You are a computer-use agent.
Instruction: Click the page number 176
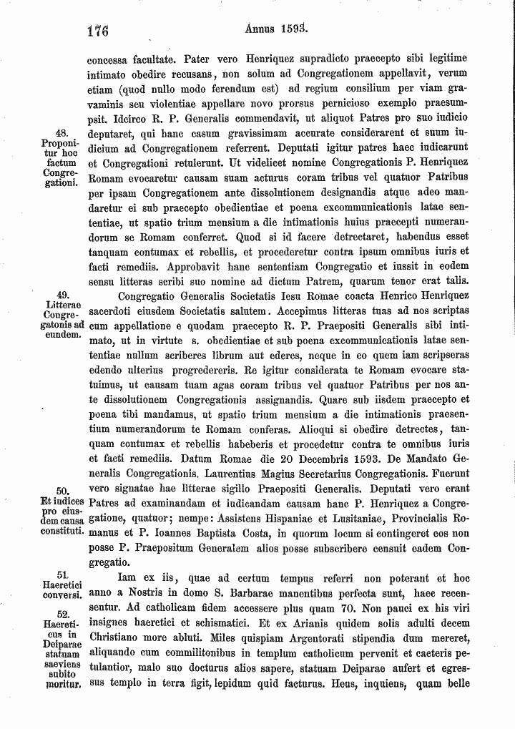pos(97,31)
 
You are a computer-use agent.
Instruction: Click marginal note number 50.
pos(62,490)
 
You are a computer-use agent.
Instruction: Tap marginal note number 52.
pos(62,614)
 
